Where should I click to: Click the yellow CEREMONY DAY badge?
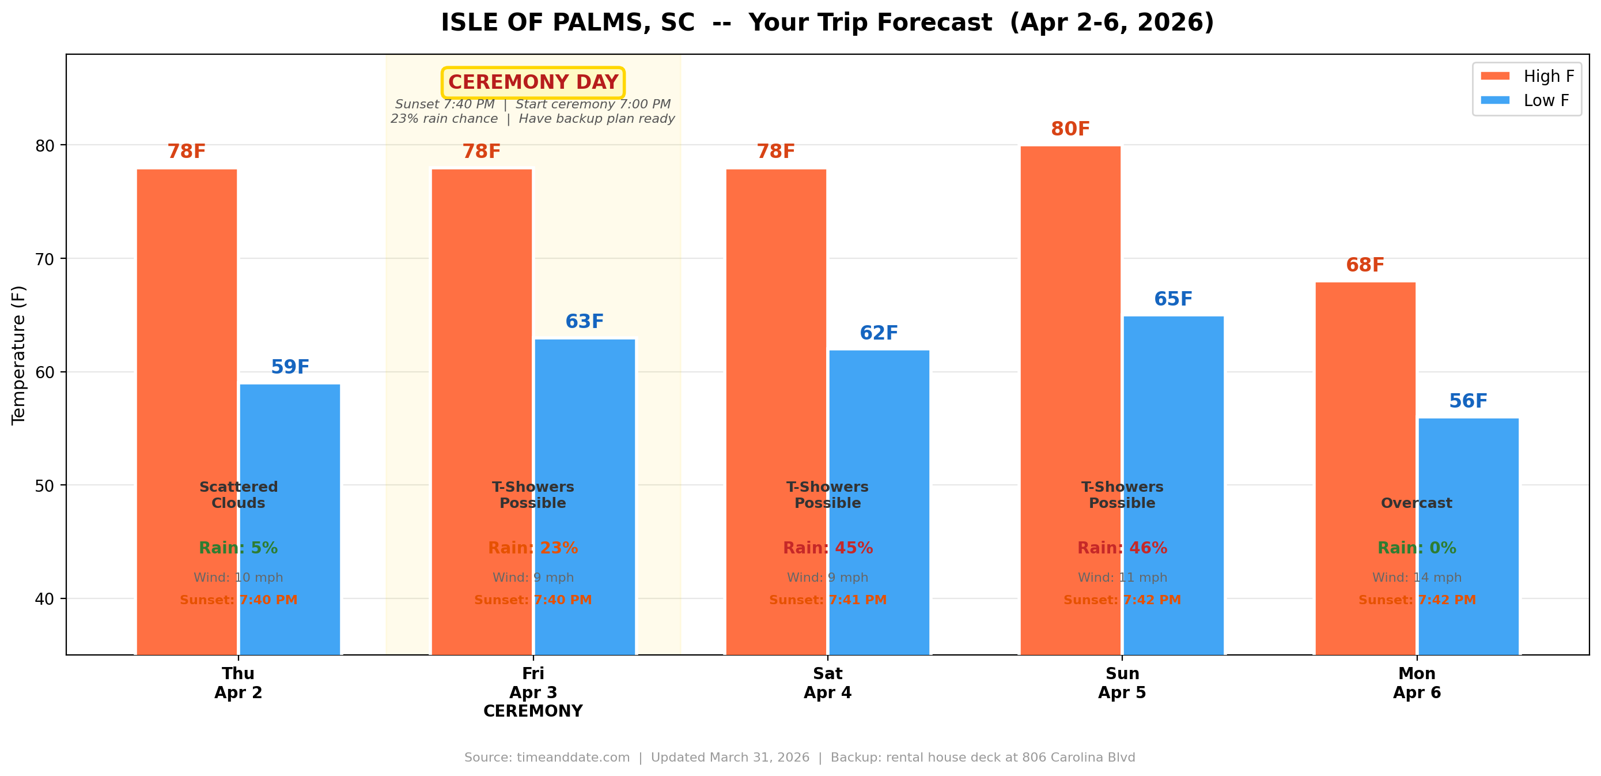[x=533, y=82]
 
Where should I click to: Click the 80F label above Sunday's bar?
[x=1070, y=129]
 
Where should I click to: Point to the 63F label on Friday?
[x=584, y=322]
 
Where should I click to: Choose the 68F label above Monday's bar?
[x=1365, y=265]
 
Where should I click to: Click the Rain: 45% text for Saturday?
[x=827, y=548]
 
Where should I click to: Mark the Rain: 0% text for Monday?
[x=1417, y=548]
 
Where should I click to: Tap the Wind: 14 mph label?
[x=1417, y=578]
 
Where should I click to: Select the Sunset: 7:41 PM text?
[x=827, y=600]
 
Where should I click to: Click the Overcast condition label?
[x=1417, y=503]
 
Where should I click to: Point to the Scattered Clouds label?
[x=238, y=495]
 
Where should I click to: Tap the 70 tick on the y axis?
[x=45, y=259]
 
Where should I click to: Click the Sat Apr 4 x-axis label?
[x=827, y=683]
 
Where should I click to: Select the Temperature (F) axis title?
[x=18, y=355]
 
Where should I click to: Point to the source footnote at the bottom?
[x=799, y=758]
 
